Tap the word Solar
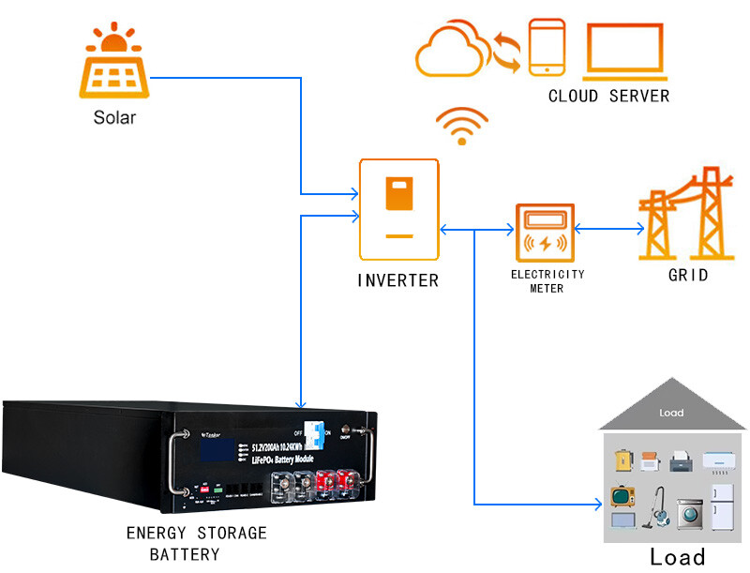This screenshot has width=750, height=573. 114,117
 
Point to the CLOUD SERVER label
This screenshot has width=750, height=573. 608,96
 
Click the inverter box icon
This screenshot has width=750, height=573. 399,209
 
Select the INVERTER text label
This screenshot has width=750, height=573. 397,279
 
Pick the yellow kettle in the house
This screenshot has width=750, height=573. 621,460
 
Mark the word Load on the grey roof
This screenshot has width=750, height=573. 671,413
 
